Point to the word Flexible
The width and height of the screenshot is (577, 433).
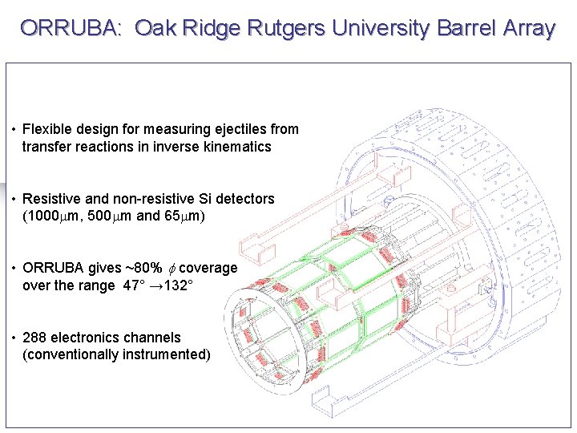(47, 129)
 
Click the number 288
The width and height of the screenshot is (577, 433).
(34, 338)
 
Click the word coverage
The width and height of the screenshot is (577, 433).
(208, 269)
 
